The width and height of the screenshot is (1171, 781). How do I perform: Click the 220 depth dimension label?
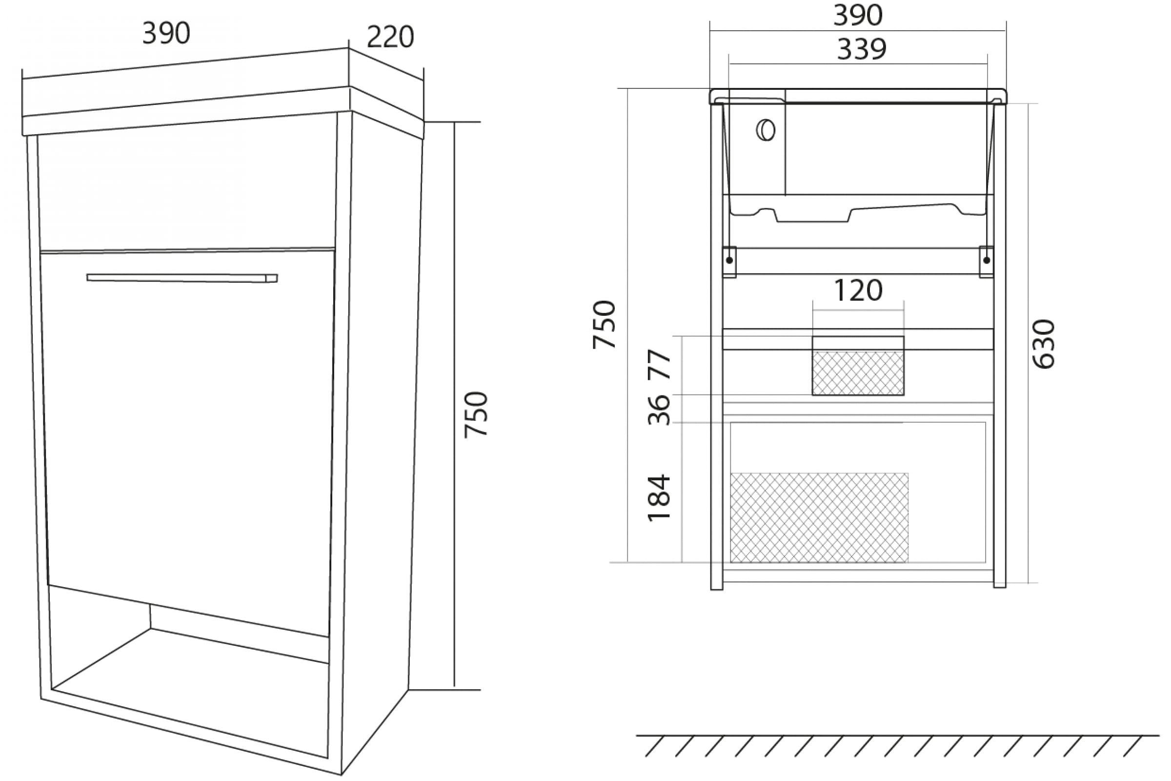[x=390, y=38]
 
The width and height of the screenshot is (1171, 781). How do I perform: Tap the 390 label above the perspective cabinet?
[x=166, y=33]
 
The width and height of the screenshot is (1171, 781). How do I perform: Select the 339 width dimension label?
[x=861, y=49]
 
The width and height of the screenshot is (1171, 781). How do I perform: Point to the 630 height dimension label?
[x=1043, y=344]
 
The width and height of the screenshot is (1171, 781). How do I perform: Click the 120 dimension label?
[x=858, y=290]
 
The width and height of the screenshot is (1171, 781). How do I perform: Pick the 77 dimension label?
[x=659, y=365]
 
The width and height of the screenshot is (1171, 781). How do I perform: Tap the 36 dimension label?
[x=659, y=410]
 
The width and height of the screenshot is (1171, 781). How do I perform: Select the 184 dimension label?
[x=659, y=497]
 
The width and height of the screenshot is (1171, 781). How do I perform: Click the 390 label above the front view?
[x=858, y=16]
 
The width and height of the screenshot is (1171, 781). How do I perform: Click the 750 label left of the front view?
[x=605, y=324]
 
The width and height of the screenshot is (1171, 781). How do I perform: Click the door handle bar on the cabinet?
[x=182, y=278]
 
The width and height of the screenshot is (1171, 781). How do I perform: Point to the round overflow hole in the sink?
[x=766, y=130]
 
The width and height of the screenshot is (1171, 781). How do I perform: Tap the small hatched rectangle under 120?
[x=858, y=373]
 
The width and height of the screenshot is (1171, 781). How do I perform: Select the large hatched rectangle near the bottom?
[x=819, y=518]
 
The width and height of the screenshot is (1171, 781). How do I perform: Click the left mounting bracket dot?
[x=729, y=261]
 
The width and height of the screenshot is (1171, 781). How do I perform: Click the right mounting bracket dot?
[x=987, y=261]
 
